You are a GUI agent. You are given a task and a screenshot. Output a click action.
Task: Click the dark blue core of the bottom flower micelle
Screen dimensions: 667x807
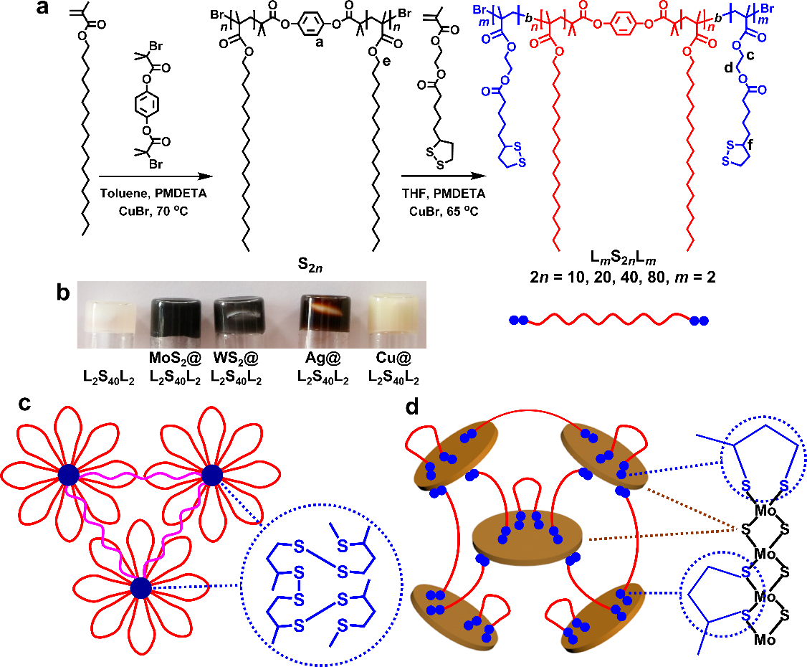140,588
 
